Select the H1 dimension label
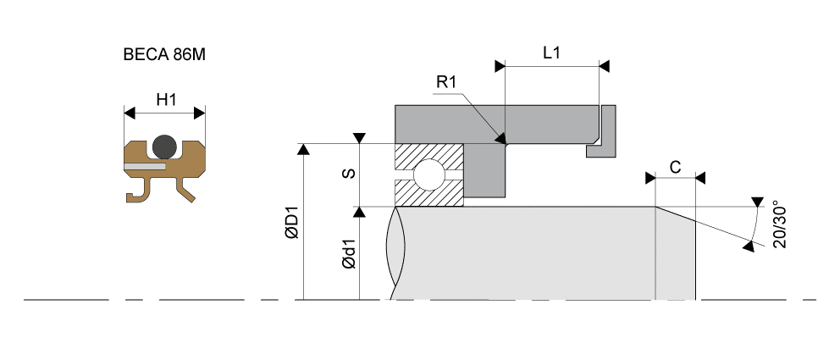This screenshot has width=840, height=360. pyautogui.click(x=166, y=99)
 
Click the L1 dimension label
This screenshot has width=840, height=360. pyautogui.click(x=551, y=53)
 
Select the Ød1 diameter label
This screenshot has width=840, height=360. pyautogui.click(x=347, y=254)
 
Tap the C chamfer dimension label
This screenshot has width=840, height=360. pyautogui.click(x=675, y=167)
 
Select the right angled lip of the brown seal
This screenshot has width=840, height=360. pyautogui.click(x=188, y=191)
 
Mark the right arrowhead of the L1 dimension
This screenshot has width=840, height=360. pyautogui.click(x=604, y=65)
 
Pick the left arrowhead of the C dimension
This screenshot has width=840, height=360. pyautogui.click(x=650, y=178)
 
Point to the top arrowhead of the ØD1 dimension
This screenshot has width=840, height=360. pyautogui.click(x=303, y=149)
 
